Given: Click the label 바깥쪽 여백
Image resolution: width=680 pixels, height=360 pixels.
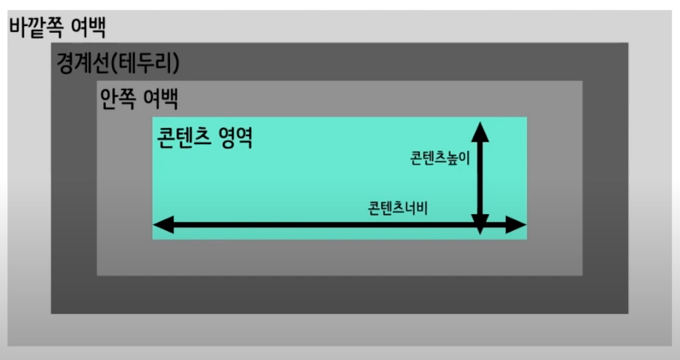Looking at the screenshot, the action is pos(58,27).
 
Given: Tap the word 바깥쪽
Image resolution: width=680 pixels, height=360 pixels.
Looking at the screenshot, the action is pos(35,27).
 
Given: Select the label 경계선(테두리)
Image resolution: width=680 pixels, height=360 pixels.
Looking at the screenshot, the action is pos(118,63).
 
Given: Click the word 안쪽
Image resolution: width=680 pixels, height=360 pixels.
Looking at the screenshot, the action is pos(117,98).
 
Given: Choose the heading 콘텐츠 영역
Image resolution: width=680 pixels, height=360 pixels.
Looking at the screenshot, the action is pos(205,138).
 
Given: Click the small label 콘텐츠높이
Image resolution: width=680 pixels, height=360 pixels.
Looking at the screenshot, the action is pos(440,158).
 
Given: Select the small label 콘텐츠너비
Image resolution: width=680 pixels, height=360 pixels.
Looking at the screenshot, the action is pos(398,208).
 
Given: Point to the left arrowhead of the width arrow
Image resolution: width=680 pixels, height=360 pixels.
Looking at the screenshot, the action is pos(164,225).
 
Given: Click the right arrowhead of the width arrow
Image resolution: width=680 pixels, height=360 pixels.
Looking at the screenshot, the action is pos(516,225).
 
